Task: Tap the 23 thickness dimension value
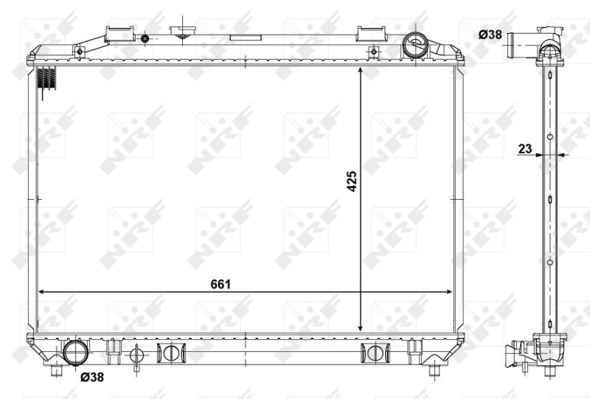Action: [525, 148]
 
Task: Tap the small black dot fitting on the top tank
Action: [145, 38]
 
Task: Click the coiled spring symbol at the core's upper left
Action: [47, 79]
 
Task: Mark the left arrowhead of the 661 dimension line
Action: [41, 292]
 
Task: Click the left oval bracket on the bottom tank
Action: [170, 353]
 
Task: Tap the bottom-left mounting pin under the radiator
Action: [55, 370]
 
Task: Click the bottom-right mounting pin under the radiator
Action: [436, 370]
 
